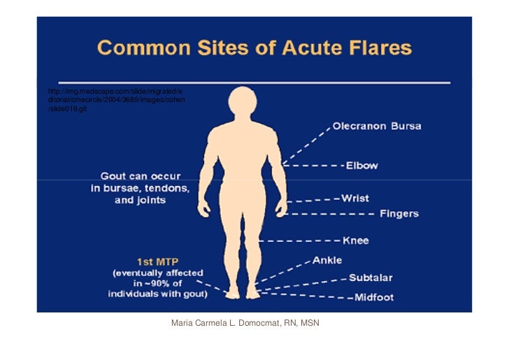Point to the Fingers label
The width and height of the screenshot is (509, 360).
[399, 213]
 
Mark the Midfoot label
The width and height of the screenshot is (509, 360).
[373, 297]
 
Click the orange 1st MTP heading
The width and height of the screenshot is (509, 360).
[157, 261]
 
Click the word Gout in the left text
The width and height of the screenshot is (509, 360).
[114, 176]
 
